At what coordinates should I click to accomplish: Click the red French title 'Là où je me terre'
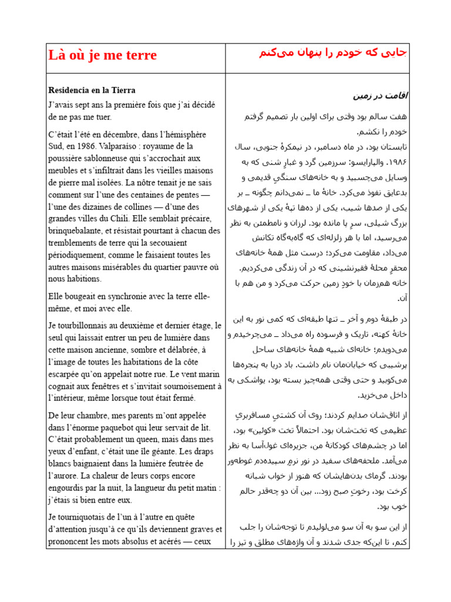[x=102, y=56]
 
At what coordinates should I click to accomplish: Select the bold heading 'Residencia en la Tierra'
[x=92, y=90]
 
